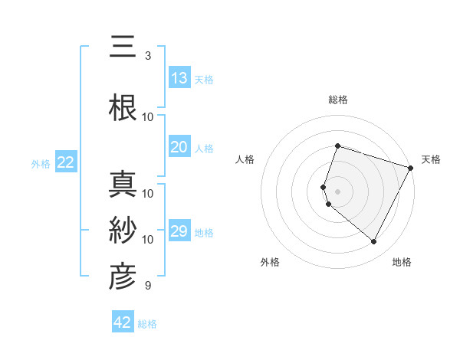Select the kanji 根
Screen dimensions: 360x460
click(x=123, y=108)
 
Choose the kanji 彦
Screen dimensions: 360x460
click(x=123, y=277)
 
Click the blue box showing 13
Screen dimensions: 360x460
click(x=179, y=77)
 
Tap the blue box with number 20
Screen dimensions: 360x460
click(x=179, y=147)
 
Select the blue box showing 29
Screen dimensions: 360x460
click(x=179, y=231)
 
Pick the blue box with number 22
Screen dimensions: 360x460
click(x=66, y=162)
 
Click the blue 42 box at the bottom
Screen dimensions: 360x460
click(x=123, y=322)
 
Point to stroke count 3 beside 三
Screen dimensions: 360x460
click(x=148, y=56)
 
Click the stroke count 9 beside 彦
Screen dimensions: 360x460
click(x=148, y=286)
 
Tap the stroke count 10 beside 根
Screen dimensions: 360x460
click(x=148, y=116)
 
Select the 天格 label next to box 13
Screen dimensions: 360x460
click(x=204, y=79)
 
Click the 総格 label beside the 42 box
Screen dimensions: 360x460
click(x=147, y=324)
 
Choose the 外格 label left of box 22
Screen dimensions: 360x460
click(x=41, y=164)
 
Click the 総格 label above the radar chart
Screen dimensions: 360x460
click(x=338, y=100)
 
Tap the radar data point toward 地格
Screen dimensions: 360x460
click(x=374, y=242)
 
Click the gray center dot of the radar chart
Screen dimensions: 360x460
click(x=338, y=191)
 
